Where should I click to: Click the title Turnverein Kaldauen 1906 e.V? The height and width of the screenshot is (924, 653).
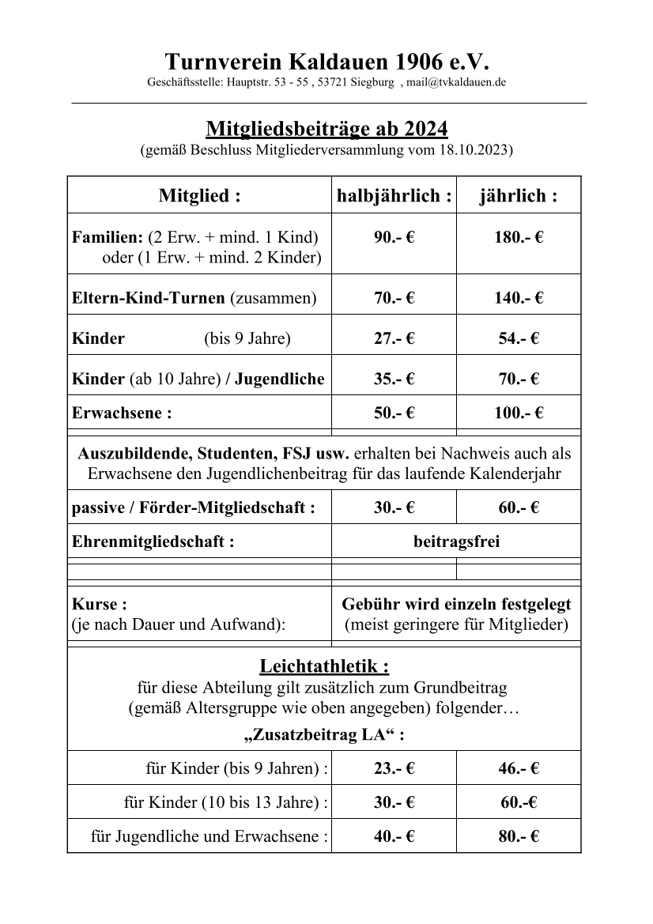327,62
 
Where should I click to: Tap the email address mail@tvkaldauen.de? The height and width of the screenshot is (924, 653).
456,82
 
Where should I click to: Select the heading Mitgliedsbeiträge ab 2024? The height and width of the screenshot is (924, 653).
326,128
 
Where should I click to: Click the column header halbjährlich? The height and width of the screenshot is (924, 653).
394,196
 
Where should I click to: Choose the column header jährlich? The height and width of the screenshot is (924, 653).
519,196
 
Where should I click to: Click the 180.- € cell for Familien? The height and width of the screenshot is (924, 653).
519,237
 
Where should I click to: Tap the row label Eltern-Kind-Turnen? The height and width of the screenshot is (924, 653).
149,298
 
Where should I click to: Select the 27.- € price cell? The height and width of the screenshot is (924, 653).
394,339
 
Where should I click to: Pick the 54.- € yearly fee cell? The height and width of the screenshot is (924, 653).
519,339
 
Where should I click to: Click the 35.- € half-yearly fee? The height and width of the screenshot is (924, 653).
394,379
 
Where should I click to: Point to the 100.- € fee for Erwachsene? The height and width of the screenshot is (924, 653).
519,413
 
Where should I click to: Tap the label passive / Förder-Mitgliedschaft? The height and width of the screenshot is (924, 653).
193,508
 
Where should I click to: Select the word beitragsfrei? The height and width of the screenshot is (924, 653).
456,542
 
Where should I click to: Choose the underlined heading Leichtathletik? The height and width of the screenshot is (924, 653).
324,666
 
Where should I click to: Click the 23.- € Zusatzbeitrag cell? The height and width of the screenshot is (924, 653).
394,767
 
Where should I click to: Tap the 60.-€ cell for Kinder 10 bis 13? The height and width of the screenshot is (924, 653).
519,802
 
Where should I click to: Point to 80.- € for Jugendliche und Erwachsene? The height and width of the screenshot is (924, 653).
519,836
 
